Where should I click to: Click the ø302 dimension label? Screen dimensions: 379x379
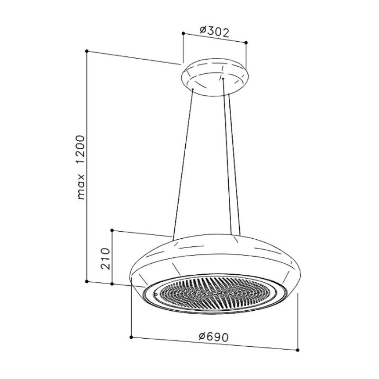(x=214, y=32)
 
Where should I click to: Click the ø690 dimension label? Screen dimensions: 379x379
(x=214, y=337)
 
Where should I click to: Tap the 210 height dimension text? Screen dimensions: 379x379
(x=107, y=258)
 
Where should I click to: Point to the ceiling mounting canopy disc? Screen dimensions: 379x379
(x=214, y=78)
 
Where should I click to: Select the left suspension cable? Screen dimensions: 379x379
(x=184, y=163)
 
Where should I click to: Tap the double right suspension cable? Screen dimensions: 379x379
(x=229, y=161)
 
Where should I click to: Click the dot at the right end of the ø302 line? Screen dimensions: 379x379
(x=246, y=43)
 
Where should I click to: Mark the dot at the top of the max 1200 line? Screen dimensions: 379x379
(x=87, y=51)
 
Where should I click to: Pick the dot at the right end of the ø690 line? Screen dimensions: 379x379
(x=298, y=350)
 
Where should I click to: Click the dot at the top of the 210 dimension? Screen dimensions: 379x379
(x=111, y=231)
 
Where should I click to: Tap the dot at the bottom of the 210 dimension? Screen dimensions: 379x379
(x=111, y=284)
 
